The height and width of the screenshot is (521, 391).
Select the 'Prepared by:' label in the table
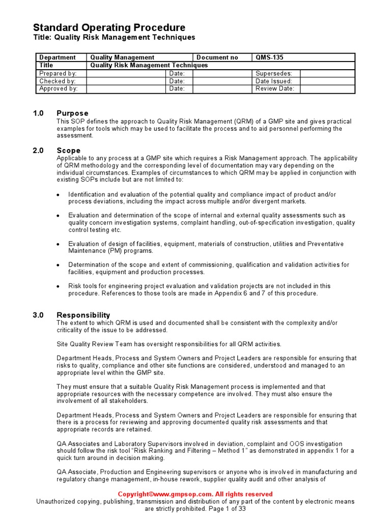point(58,73)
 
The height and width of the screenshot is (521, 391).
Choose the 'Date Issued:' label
point(274,81)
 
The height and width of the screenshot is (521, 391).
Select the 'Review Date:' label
point(275,89)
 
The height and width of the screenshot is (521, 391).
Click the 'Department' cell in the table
point(58,57)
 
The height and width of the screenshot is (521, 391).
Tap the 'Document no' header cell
point(217,57)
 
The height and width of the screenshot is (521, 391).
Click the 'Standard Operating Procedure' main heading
point(109,27)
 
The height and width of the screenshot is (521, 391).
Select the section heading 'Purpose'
point(72,113)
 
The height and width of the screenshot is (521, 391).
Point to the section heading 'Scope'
point(68,151)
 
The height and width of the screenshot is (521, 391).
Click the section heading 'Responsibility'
point(83,315)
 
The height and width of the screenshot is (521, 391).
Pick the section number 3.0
point(39,315)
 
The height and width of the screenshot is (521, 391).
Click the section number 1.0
point(39,113)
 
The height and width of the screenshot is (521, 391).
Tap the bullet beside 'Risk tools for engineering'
point(58,286)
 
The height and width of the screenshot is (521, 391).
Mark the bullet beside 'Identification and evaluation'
point(58,195)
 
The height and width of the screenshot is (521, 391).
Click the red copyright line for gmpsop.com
point(195,494)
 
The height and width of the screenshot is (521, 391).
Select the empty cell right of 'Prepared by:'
point(127,73)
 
